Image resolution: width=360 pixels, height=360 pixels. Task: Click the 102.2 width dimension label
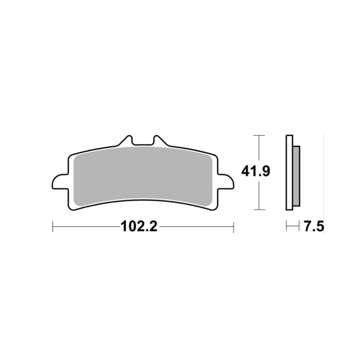(x=139, y=226)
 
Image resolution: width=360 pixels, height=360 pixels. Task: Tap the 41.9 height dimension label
(x=256, y=171)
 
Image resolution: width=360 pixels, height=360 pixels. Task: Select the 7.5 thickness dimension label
(x=314, y=227)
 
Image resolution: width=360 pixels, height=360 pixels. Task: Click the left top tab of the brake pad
(x=125, y=140)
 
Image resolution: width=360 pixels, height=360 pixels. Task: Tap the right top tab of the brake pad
(x=161, y=140)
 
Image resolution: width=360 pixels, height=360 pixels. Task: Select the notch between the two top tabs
(x=143, y=141)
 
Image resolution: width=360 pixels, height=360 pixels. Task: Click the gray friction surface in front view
(x=143, y=175)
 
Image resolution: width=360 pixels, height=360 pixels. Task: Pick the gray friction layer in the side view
(x=297, y=175)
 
